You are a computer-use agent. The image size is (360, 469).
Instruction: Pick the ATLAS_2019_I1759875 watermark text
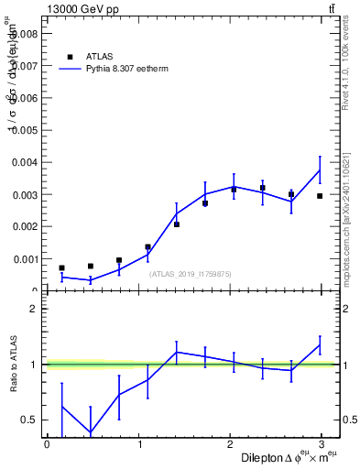[191, 274]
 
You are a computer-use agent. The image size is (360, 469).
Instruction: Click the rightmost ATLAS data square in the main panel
[320, 196]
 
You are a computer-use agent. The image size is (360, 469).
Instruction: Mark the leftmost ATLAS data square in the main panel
[61, 268]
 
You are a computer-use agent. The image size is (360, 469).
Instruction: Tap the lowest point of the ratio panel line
[90, 433]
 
